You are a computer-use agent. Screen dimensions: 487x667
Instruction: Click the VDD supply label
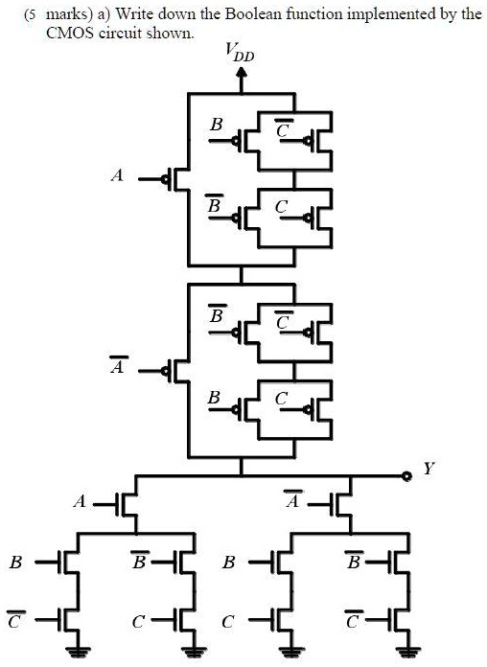coord(240,53)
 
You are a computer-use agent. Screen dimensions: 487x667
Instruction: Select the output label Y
coord(428,469)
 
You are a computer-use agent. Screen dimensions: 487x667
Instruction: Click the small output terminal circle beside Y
coord(407,476)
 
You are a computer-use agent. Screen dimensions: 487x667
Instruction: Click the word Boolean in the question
coord(253,14)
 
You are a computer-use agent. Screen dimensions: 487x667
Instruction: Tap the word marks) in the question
coord(69,15)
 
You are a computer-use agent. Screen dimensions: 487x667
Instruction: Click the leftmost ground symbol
coord(78,652)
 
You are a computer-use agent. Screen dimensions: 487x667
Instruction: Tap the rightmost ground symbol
coord(408,652)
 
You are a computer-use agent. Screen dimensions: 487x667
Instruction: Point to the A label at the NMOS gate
coord(80,502)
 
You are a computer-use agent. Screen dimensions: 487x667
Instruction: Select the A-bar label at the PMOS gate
coord(117,365)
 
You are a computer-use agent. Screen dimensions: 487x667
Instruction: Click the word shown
coord(170,33)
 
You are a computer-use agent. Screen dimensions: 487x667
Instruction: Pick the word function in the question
coord(314,14)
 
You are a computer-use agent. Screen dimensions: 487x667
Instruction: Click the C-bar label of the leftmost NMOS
coord(15,620)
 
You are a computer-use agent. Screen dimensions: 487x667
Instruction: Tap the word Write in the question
coord(133,14)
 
